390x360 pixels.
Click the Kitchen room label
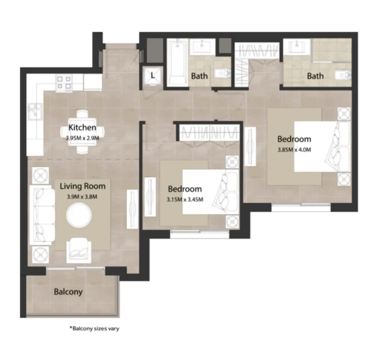82,127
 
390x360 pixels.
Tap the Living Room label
83,186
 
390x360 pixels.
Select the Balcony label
68,292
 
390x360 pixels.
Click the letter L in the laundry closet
153,76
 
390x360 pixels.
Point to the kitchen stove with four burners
64,82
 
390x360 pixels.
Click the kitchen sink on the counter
34,111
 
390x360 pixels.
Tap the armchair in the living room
79,250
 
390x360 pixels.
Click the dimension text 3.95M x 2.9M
82,138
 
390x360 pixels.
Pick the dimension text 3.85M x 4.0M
294,150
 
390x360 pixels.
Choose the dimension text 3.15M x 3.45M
185,199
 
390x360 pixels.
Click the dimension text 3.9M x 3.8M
82,197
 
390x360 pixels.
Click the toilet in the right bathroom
344,76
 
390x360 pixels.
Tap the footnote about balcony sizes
94,328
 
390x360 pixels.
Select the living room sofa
42,215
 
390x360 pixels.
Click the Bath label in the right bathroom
315,76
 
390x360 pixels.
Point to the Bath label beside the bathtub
199,76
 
